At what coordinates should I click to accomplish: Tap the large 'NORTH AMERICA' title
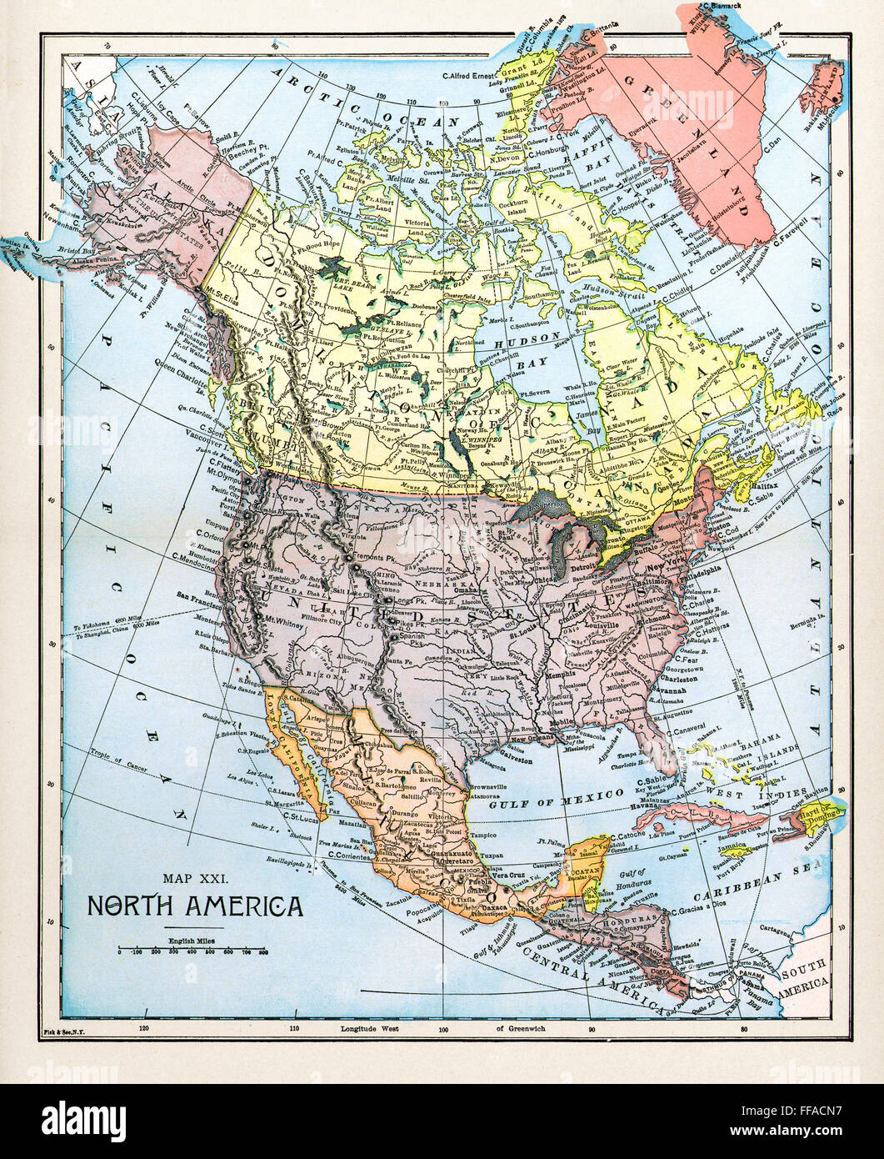(x=196, y=906)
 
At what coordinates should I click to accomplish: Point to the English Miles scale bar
(x=192, y=950)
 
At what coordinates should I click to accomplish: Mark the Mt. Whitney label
(x=282, y=620)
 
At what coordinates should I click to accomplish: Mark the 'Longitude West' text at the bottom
(x=370, y=1029)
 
